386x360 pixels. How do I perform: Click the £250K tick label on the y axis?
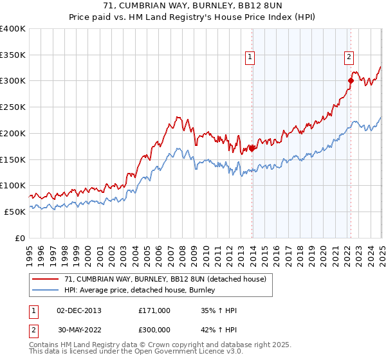pos(13,107)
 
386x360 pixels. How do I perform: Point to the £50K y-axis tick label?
pos(15,212)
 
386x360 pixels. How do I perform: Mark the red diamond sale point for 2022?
pos(351,81)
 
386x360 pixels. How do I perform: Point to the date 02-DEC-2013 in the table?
pos(78,310)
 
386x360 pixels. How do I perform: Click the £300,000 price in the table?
pos(154,330)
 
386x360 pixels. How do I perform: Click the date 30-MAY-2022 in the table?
pos(78,330)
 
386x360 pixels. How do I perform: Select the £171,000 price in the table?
pos(154,310)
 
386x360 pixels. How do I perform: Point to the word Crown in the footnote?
pos(172,345)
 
